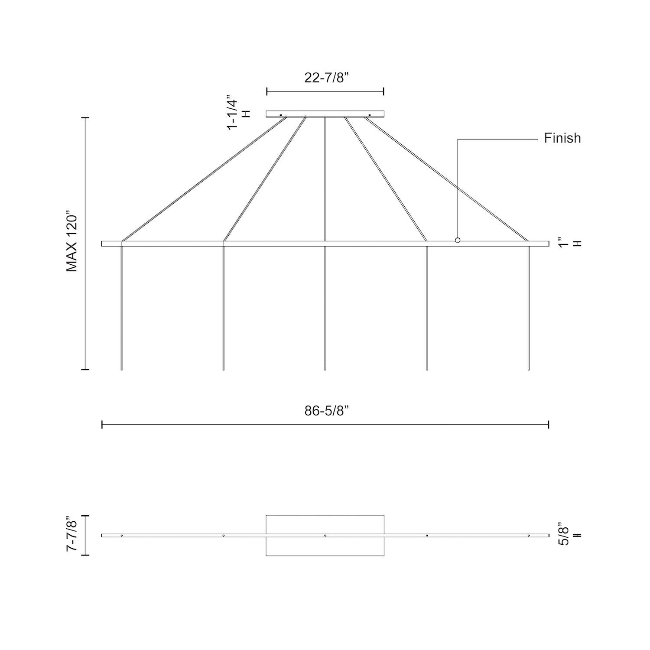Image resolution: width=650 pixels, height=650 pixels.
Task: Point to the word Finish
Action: (x=562, y=138)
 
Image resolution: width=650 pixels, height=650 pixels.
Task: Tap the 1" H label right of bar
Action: (x=567, y=243)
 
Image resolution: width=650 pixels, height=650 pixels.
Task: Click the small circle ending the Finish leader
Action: (x=458, y=240)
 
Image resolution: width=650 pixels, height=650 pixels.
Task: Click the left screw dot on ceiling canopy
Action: (x=281, y=115)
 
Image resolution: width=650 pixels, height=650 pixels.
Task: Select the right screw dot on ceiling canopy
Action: (x=369, y=115)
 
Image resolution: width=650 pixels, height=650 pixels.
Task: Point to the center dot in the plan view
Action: (x=325, y=536)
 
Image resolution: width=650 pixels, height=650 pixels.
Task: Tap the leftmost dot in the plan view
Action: (x=122, y=536)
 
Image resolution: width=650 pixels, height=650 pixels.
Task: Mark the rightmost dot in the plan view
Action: (x=529, y=536)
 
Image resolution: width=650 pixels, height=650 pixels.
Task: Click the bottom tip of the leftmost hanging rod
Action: (x=122, y=369)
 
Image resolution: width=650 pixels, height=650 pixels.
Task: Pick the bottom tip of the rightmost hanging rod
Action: (x=529, y=369)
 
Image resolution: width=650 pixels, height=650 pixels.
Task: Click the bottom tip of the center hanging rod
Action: (x=325, y=369)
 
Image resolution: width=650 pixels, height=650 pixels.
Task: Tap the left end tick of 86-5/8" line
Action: (x=102, y=425)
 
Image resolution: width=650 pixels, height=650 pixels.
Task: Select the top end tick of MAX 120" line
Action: (x=85, y=117)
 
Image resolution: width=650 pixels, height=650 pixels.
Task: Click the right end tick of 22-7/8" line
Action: (x=384, y=91)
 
